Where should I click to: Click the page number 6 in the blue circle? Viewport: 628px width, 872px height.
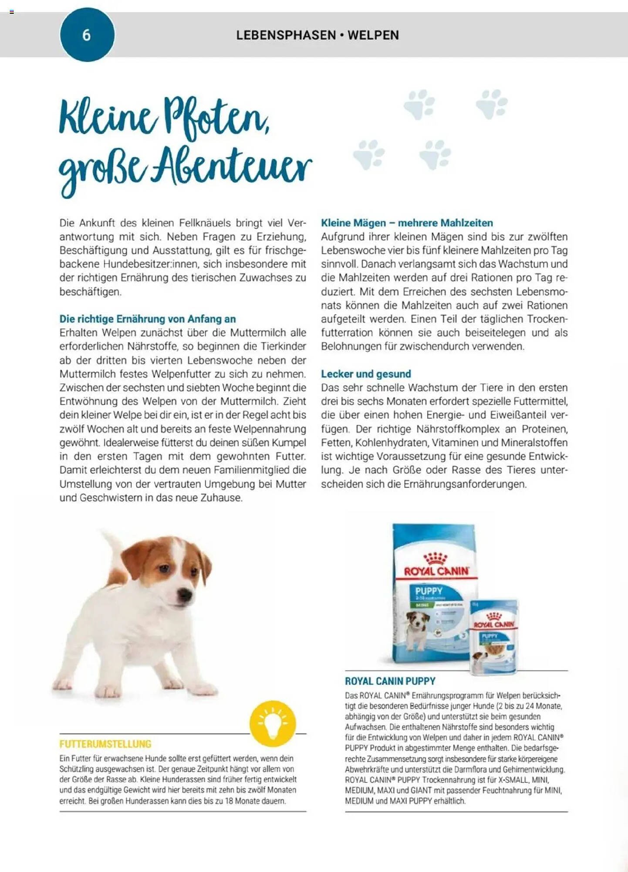pyautogui.click(x=87, y=35)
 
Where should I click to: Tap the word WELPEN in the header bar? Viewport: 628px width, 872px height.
pyautogui.click(x=373, y=35)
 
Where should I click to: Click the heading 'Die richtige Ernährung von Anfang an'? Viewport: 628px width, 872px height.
pyautogui.click(x=148, y=319)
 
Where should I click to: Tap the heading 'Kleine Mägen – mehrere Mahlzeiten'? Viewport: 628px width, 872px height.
pyautogui.click(x=407, y=223)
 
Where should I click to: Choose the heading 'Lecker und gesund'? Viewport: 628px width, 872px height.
pyautogui.click(x=366, y=374)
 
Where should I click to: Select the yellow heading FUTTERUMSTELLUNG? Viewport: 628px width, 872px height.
pyautogui.click(x=105, y=744)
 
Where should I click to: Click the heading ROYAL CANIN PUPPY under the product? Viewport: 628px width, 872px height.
pyautogui.click(x=390, y=681)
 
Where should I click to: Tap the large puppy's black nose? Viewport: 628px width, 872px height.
pyautogui.click(x=186, y=594)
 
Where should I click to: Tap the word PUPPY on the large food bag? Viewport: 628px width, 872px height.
pyautogui.click(x=429, y=591)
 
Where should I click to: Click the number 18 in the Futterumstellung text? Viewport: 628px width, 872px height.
pyautogui.click(x=229, y=801)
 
